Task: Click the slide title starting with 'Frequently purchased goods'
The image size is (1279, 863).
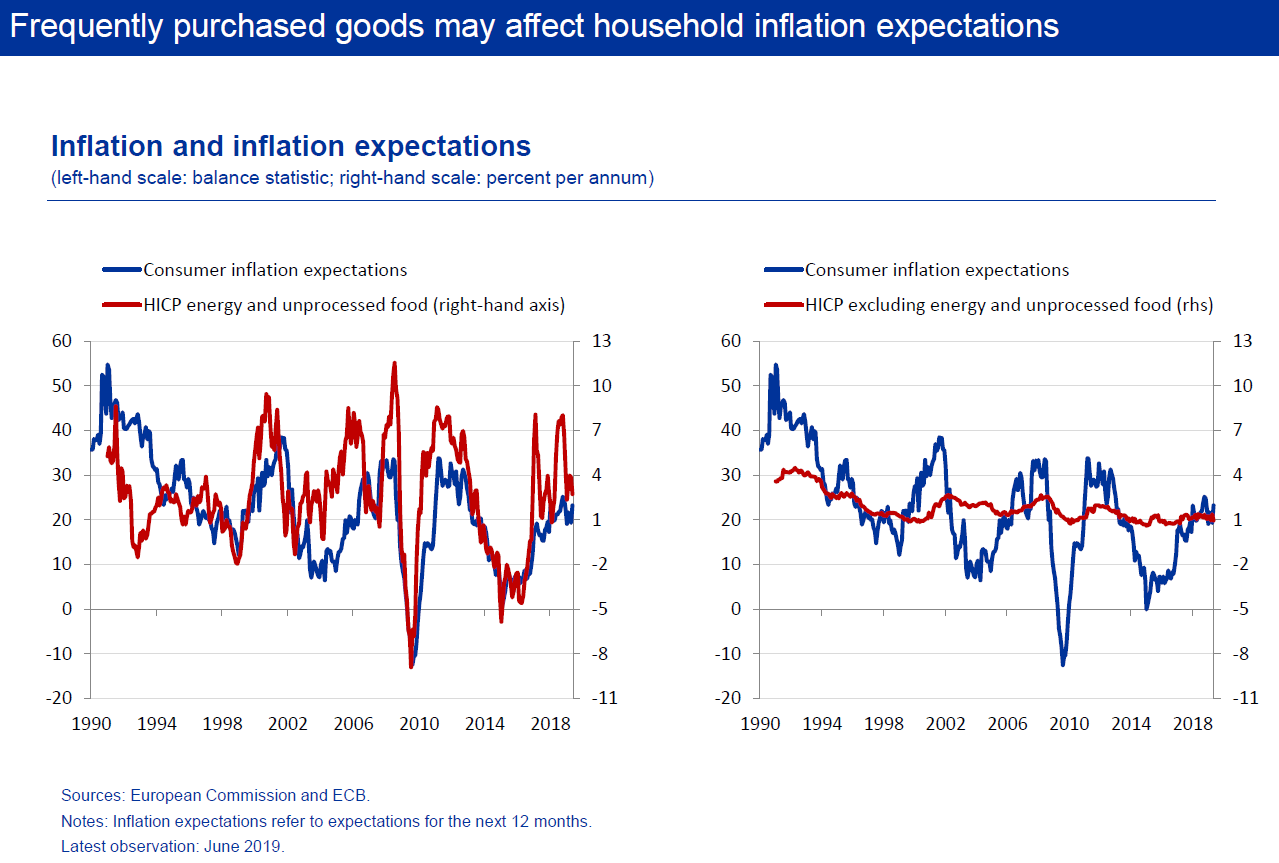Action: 534,26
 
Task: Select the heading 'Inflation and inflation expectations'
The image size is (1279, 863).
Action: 291,146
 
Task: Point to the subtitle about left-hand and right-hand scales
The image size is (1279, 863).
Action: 352,178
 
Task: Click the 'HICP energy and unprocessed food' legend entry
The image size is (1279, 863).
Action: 333,305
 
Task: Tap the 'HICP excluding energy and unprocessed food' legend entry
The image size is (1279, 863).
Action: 988,305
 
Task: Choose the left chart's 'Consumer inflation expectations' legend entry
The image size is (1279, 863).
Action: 255,270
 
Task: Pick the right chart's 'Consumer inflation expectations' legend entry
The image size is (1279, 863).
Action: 916,270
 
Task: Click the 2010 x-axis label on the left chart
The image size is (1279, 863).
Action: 419,724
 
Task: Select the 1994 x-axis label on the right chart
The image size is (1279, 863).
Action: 822,724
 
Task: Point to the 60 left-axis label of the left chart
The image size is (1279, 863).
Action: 62,341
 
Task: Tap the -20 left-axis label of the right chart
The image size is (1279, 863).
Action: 727,697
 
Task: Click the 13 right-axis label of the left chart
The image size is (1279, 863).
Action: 601,341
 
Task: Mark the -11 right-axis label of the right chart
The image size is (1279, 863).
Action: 1245,697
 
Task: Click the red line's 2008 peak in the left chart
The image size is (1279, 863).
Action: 394,363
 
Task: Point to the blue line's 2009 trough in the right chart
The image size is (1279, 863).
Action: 1063,665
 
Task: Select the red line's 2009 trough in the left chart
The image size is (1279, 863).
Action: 411,667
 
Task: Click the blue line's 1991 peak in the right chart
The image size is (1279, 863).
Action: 775,364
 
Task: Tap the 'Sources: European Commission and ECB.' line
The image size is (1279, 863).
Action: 215,796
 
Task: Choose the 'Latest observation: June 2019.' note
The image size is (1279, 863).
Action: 172,846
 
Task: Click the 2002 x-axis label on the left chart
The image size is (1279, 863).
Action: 288,724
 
